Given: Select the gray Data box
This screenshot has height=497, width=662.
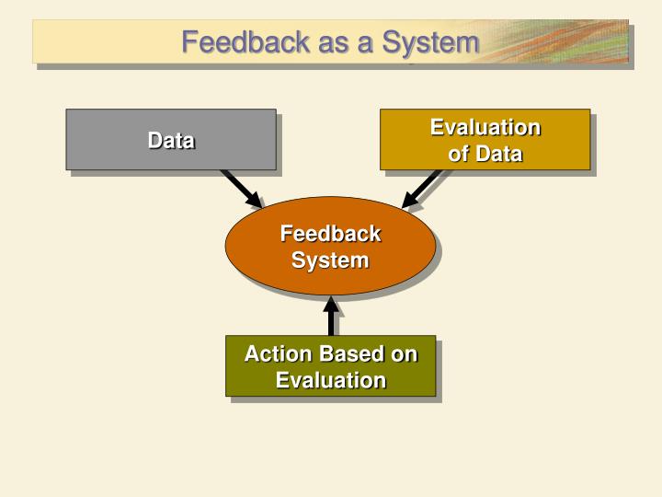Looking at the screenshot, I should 170,139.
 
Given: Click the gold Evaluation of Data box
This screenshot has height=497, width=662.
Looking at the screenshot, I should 485,139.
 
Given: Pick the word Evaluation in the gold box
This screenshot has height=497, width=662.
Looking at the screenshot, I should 485,127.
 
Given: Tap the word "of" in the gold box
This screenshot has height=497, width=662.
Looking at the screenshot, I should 457,154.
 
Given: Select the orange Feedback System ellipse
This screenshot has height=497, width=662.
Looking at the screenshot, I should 329,246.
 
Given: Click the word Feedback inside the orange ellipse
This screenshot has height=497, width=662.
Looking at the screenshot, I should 329,234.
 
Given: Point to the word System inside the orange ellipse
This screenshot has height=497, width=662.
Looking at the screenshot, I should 329,260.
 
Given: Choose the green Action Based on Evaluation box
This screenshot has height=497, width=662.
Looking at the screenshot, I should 330,365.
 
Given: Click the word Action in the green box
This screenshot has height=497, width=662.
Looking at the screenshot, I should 276,354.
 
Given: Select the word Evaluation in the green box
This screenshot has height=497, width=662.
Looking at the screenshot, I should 330,380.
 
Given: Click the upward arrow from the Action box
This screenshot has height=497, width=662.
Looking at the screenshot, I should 330,316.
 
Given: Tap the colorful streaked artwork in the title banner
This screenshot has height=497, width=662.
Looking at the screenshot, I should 561,41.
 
